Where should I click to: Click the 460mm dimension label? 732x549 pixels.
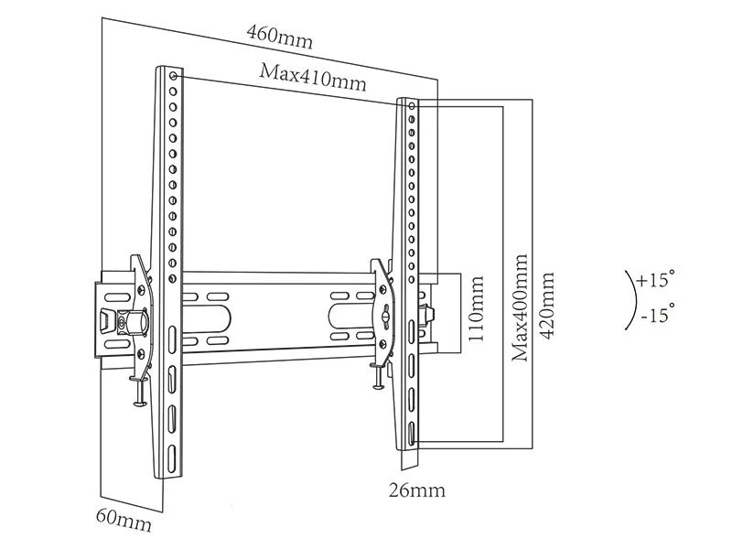coord(279,37)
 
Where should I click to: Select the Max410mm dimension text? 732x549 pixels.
coord(313,78)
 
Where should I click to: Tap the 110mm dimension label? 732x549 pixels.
coord(476,308)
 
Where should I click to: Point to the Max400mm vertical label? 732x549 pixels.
coord(520,307)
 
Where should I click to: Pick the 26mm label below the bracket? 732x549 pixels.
coord(417,490)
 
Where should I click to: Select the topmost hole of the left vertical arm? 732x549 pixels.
coord(173,76)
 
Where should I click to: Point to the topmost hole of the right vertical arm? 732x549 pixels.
coord(412,106)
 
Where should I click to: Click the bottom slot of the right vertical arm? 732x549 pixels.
coord(411,435)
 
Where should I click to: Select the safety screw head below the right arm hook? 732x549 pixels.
coord(378,385)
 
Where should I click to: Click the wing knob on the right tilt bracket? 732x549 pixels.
coord(385,316)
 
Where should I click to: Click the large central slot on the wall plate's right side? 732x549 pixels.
coord(352,316)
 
